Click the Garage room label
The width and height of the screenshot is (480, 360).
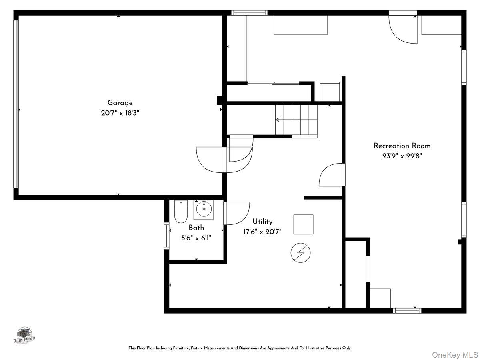pos(120,103)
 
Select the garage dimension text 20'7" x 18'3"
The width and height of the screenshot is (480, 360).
pos(120,113)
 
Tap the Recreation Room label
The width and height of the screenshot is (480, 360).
pos(402,146)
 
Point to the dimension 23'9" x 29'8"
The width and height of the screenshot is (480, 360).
pos(402,156)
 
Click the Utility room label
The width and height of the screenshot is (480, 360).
pos(262,221)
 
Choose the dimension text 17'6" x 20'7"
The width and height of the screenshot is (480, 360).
pos(262,232)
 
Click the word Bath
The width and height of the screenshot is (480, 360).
pos(196,228)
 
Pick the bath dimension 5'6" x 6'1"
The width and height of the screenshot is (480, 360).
pos(196,238)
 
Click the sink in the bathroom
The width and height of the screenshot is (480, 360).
pos(204,209)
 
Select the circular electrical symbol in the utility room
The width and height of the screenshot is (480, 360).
pos(300,253)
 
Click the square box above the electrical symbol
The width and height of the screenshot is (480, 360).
pos(303,224)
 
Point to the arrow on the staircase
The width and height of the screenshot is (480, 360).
pos(280,120)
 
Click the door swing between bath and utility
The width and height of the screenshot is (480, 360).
pos(237,213)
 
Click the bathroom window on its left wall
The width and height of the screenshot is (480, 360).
pos(166,236)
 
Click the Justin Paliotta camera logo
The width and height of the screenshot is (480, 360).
pos(25,335)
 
